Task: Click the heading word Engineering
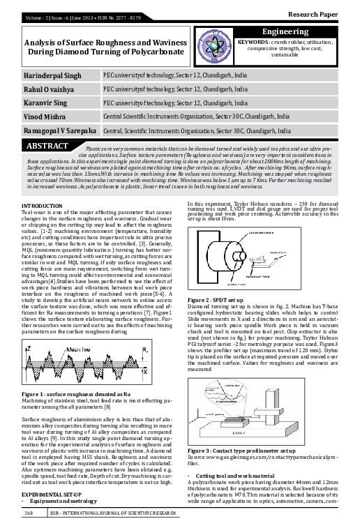point(285,32)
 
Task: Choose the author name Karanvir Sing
point(47,103)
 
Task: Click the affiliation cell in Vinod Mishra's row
point(196,116)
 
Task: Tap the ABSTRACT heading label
point(47,146)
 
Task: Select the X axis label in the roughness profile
point(145,372)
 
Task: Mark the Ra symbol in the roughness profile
point(144,349)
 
